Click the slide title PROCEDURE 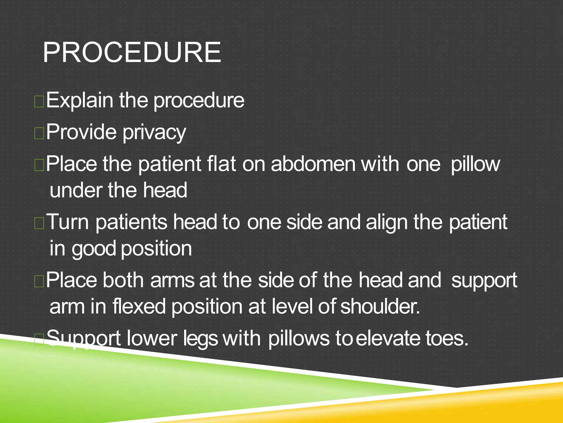pyautogui.click(x=132, y=52)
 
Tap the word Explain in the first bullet pyautogui.click(x=79, y=101)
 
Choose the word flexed pyautogui.click(x=139, y=307)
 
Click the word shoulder pyautogui.click(x=380, y=307)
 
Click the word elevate pyautogui.click(x=388, y=338)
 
